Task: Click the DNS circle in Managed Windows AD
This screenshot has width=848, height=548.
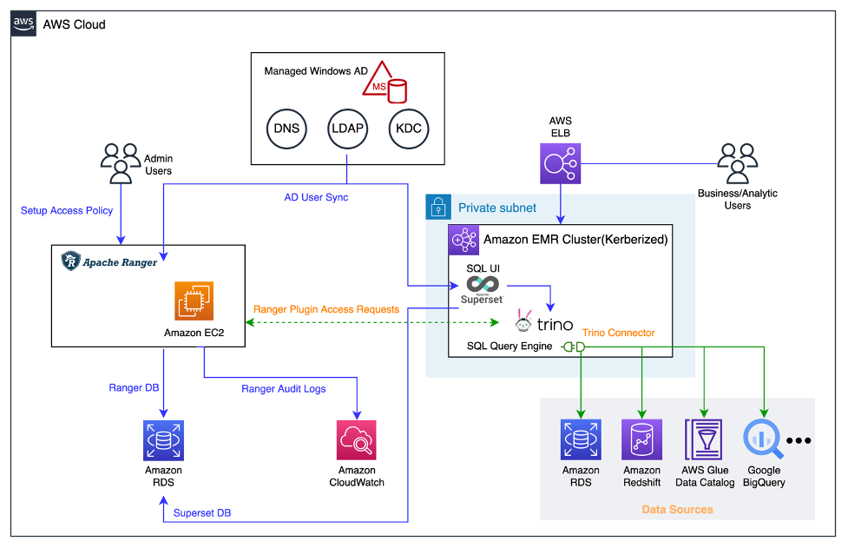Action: coord(286,129)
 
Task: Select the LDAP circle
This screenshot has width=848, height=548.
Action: coord(347,129)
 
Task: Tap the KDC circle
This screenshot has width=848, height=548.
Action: coord(409,129)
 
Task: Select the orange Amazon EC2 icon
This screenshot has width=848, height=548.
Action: coord(194,301)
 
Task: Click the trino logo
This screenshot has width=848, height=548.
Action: coord(544,323)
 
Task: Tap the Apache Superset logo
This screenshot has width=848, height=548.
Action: coord(482,289)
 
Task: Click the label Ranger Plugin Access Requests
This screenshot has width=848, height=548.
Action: coord(325,309)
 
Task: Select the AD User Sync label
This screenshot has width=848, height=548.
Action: coord(316,197)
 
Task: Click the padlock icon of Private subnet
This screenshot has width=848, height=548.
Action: coord(437,207)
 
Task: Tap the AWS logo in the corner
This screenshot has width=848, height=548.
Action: coord(23,23)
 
